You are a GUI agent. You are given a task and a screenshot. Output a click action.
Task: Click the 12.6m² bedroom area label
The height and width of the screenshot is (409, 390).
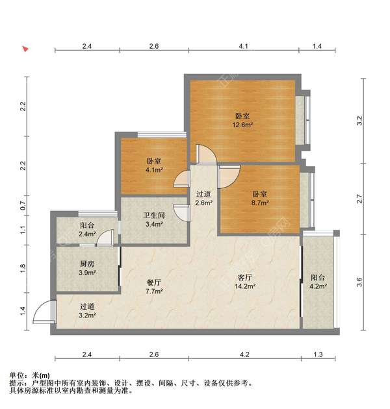pos(242,125)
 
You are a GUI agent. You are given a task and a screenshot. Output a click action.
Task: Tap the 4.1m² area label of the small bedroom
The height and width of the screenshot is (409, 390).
pos(154,170)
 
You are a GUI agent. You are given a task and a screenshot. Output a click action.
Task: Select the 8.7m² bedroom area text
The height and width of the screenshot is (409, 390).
pos(260,203)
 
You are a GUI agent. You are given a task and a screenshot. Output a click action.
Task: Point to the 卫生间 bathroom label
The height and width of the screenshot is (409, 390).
pos(154,216)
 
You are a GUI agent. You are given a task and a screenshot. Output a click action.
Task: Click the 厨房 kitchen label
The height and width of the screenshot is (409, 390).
pos(87,264)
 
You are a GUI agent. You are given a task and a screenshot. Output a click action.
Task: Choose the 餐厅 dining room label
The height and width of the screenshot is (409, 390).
pos(154,282)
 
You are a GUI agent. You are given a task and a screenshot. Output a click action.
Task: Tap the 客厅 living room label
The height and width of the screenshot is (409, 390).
pos(245,278)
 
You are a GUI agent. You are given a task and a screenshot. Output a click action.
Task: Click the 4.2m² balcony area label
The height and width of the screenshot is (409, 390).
pos(318,286)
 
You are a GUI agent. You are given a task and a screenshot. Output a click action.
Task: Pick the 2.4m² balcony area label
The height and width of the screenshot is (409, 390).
pos(87,234)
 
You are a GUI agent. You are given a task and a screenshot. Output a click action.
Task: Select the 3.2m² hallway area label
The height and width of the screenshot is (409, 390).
pos(87,316)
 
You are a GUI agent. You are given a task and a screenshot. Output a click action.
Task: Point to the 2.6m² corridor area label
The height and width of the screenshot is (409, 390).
pos(203,203)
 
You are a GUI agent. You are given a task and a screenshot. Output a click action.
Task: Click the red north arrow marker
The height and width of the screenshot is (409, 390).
pos(25,49)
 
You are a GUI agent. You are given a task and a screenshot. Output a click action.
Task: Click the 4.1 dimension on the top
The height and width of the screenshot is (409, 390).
pos(243,47)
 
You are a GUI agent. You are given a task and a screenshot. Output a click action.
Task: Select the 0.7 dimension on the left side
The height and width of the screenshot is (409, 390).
pos(23,206)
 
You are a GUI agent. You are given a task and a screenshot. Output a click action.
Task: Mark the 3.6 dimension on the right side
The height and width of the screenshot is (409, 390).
pos(359,282)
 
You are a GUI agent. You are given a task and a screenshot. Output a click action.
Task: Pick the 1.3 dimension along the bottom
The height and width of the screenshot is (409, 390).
pos(318,354)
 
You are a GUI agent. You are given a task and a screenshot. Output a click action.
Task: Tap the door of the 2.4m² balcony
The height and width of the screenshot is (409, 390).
pos(105,238)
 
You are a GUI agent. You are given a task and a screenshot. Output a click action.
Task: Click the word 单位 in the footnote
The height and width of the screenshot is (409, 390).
pos(17,376)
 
